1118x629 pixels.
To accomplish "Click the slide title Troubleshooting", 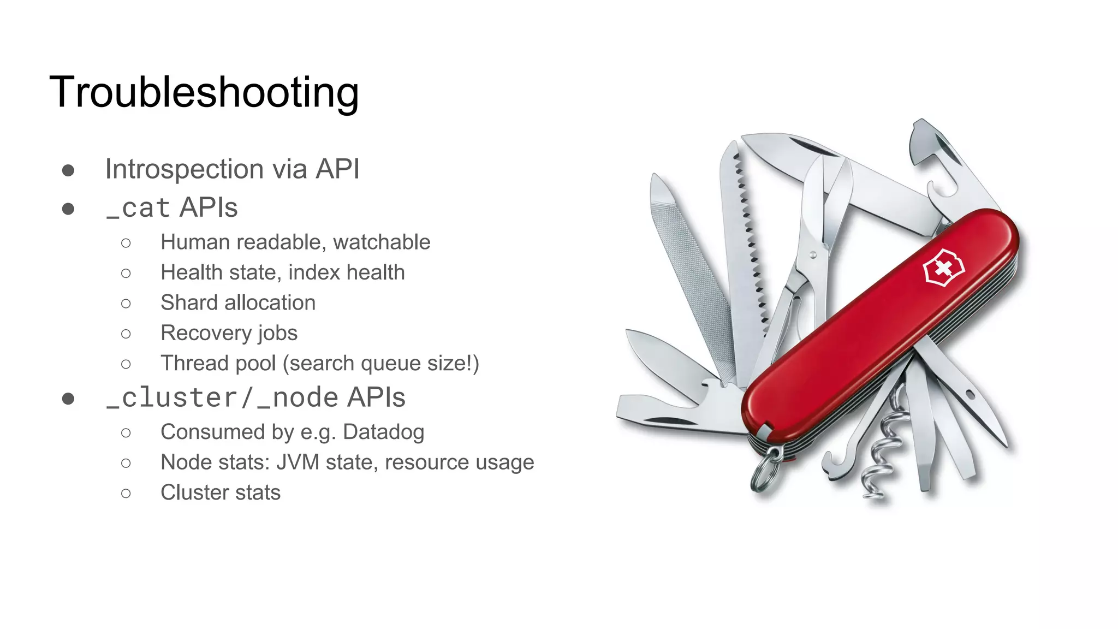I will click(x=204, y=92).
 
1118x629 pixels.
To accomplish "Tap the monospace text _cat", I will click(x=138, y=208).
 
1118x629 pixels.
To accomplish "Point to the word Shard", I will click(x=189, y=302).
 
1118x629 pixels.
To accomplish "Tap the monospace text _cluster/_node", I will click(x=222, y=397).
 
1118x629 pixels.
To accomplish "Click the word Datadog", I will click(x=383, y=432).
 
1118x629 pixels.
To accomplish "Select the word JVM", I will click(x=298, y=462).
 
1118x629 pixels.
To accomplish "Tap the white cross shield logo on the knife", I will click(x=943, y=268).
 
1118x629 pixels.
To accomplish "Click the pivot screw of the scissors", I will click(x=813, y=254).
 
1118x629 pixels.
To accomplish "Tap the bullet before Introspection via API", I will click(x=68, y=170).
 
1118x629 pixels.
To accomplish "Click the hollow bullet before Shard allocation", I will click(x=126, y=304).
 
